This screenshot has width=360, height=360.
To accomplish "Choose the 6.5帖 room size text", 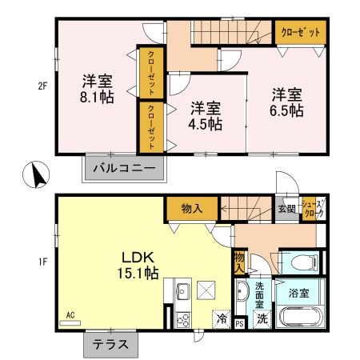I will click(x=286, y=110).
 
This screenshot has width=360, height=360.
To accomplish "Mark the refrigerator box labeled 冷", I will click(x=221, y=318).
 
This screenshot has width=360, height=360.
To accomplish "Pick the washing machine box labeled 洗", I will click(x=262, y=318).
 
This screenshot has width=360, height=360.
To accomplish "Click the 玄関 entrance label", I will click(x=286, y=210).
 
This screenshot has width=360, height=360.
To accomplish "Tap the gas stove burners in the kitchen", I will click(x=181, y=319).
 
